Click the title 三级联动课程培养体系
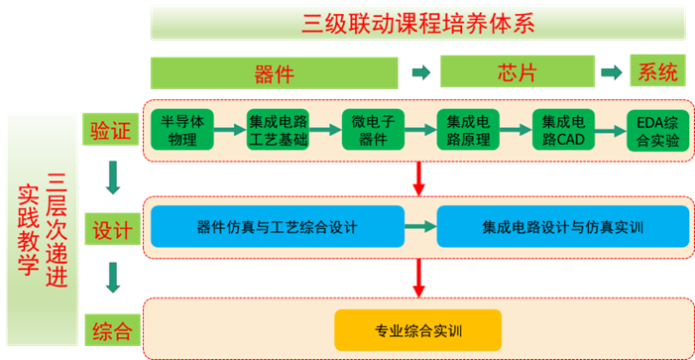(x=415, y=22)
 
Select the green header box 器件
(x=275, y=72)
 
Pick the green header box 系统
(x=658, y=72)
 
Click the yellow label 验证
(x=110, y=130)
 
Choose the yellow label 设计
(x=110, y=230)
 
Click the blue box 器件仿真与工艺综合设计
(x=278, y=227)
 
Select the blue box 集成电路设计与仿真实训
(x=562, y=227)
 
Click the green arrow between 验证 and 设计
(x=111, y=180)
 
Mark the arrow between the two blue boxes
(x=420, y=227)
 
